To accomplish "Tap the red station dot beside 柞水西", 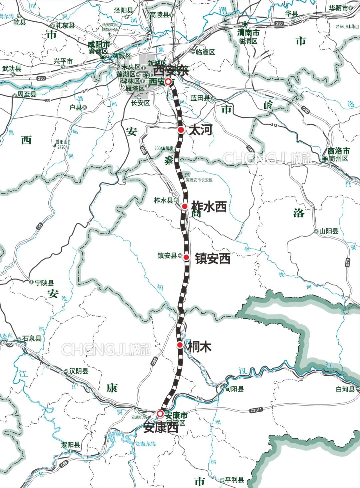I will point(185,206).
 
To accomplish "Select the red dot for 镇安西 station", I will point(187,257).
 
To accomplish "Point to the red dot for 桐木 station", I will point(180,345).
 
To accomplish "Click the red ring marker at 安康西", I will point(160,414).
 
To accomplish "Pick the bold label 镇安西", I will point(213,259).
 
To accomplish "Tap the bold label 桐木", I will point(200,347).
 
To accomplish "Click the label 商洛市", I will point(339,150).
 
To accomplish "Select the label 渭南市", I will point(248,33).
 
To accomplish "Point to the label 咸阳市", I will point(98,44).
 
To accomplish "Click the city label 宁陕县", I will point(44,283).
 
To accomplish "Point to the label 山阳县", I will point(329,231).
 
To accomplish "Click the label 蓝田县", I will point(200,98).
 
